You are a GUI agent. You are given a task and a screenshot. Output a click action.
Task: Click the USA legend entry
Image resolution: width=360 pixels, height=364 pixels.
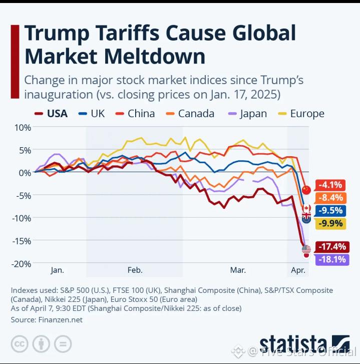(x=51, y=114)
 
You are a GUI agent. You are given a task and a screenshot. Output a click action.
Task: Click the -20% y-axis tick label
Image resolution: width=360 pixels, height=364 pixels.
(x=22, y=263)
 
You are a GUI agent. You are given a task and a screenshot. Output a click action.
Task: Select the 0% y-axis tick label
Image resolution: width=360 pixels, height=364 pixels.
(x=25, y=172)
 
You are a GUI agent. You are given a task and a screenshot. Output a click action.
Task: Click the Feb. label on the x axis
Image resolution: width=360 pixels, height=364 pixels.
(x=135, y=270)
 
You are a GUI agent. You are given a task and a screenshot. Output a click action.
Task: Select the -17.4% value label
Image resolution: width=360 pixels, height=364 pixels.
(x=331, y=246)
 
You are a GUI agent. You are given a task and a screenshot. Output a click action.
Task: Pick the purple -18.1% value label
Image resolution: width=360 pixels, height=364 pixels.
(x=331, y=259)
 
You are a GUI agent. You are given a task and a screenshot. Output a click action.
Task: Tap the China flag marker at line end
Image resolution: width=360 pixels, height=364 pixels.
(x=306, y=190)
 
